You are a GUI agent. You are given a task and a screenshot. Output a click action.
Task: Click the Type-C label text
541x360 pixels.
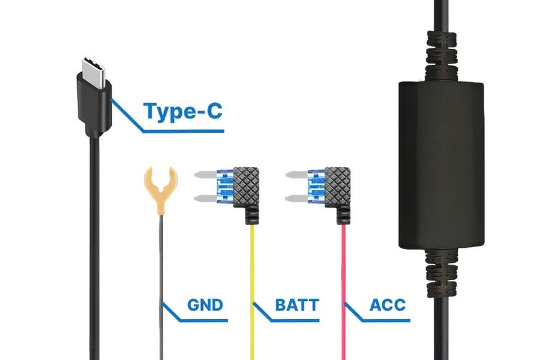click(182, 111)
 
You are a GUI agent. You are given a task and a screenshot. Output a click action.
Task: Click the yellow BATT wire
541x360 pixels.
click(252, 277)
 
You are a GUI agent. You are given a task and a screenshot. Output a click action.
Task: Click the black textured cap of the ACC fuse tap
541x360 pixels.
click(337, 185)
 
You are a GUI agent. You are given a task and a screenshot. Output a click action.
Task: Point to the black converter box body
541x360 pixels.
click(439, 163)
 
